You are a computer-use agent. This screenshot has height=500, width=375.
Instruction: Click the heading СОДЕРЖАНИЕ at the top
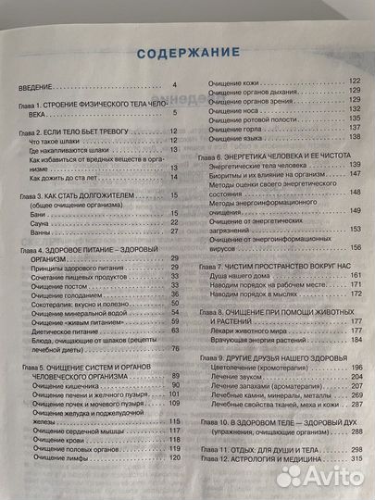pyautogui.click(x=188, y=53)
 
